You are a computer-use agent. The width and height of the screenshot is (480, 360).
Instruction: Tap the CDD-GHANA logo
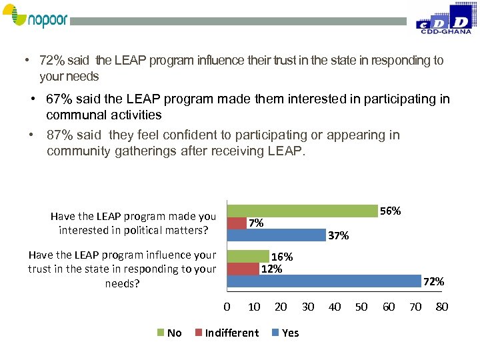[x=444, y=19]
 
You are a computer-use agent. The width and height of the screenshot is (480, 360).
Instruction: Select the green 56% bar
[x=302, y=211]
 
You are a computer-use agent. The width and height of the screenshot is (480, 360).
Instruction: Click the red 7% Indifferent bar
[x=237, y=223]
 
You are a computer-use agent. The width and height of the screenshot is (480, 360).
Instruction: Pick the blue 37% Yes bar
[x=276, y=235]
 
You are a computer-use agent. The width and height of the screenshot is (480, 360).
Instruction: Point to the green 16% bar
[x=248, y=256]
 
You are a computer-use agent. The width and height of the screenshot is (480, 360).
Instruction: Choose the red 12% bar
[x=243, y=268]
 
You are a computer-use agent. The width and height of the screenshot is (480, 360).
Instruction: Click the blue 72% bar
[x=323, y=281]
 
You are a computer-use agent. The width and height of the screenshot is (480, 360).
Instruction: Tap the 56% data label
[x=390, y=211]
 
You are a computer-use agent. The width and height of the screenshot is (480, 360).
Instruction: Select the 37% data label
[x=339, y=235]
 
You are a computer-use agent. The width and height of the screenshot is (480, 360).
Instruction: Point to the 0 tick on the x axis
[x=227, y=307]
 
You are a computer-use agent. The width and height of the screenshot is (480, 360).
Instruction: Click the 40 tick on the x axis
[x=335, y=307]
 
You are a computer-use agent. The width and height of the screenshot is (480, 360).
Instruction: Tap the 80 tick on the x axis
[x=441, y=307]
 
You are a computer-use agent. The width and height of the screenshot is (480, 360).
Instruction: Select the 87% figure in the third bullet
[x=59, y=135]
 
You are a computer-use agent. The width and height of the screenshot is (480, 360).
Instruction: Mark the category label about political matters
[x=133, y=223]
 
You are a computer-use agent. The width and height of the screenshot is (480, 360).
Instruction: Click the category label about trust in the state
[x=122, y=269]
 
